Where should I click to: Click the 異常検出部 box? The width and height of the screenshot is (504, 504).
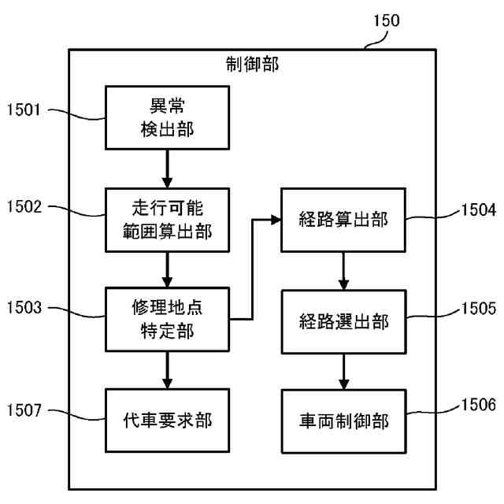tap(167, 117)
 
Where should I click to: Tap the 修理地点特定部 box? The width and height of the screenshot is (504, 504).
tap(167, 318)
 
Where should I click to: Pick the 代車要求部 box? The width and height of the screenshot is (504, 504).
tap(167, 421)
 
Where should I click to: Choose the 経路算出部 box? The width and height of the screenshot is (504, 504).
tap(343, 220)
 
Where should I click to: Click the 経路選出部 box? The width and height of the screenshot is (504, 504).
tap(343, 321)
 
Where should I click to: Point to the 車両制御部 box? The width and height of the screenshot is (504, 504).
tap(343, 421)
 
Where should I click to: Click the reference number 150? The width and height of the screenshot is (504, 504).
tap(385, 21)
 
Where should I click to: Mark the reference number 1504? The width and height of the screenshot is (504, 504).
tap(478, 210)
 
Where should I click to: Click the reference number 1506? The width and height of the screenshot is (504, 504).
tap(478, 406)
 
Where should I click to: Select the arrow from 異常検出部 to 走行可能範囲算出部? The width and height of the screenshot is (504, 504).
tap(167, 168)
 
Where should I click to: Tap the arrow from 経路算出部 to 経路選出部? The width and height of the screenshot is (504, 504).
tap(343, 270)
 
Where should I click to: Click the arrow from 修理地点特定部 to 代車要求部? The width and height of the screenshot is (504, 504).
tap(167, 369)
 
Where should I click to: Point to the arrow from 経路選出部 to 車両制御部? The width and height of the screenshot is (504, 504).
tap(343, 370)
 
